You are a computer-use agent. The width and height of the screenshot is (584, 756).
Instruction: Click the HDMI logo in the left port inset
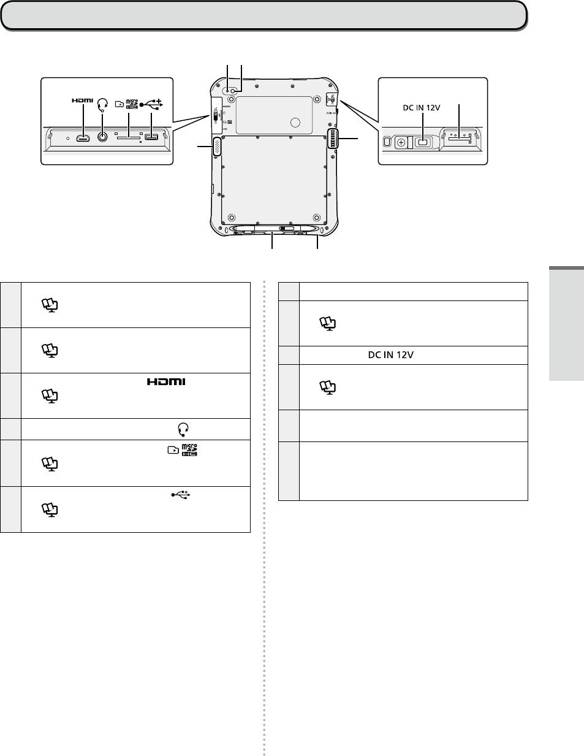tap(82, 101)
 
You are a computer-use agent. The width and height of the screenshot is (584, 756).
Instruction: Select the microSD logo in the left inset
tap(132, 104)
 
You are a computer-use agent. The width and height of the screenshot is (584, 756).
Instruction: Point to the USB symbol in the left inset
tap(151, 104)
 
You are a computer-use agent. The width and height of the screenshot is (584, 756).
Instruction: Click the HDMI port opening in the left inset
tap(83, 138)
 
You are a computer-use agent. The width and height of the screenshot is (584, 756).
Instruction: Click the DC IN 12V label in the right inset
tap(421, 107)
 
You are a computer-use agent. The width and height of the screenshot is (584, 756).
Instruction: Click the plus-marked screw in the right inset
tap(401, 143)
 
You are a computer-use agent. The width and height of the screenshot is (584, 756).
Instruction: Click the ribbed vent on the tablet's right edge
tap(332, 140)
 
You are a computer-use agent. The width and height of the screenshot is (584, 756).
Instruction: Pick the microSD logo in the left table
tap(191, 451)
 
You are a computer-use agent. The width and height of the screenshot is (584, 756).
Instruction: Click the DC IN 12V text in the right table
tap(390, 355)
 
